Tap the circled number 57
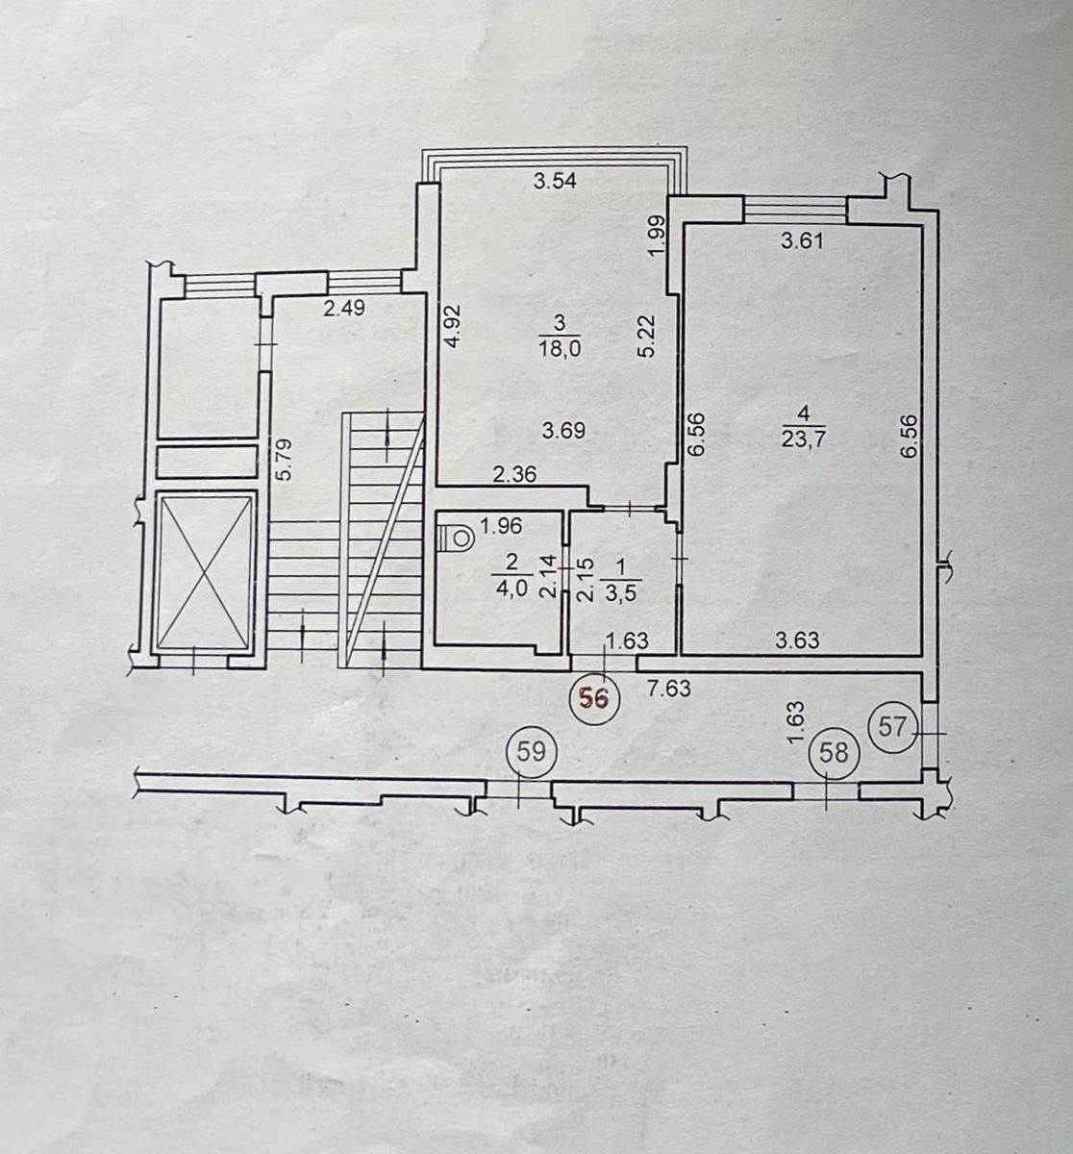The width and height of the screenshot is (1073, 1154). click(892, 726)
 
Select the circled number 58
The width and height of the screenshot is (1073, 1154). click(834, 753)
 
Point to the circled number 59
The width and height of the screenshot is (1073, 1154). click(531, 752)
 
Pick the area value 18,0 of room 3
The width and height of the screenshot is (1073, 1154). click(561, 349)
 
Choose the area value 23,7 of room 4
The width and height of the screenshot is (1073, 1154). click(804, 438)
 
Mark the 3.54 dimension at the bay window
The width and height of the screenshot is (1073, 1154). click(556, 182)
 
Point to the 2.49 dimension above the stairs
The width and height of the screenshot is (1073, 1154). click(344, 309)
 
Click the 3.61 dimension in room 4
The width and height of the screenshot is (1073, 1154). click(802, 240)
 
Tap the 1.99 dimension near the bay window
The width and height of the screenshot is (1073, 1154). click(657, 237)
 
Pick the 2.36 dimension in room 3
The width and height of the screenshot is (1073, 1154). click(514, 475)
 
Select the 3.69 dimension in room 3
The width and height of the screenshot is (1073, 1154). click(563, 431)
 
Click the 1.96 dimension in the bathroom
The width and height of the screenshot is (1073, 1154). click(501, 526)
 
